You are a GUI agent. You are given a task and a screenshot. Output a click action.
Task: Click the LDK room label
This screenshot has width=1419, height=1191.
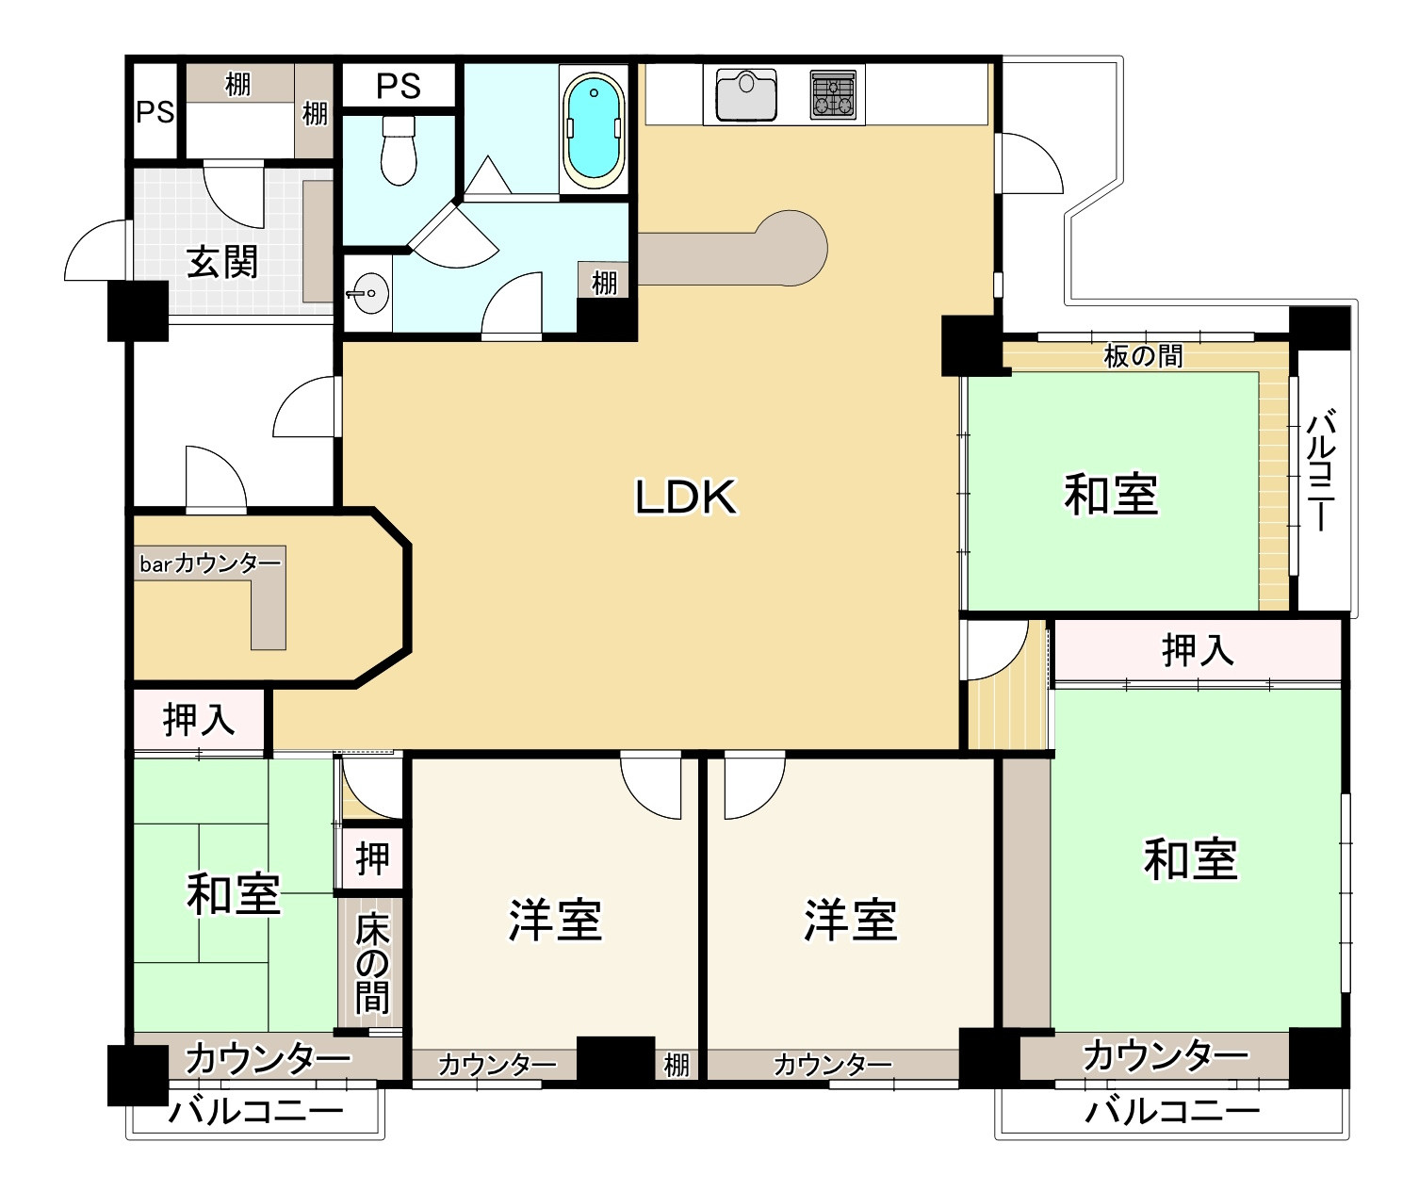pos(685,497)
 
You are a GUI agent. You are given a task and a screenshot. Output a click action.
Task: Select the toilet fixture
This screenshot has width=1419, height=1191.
pos(400,151)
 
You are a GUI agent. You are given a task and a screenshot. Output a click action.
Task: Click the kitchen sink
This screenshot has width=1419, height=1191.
pos(745,94)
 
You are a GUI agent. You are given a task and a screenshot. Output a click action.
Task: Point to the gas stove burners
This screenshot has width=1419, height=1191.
pos(835,94)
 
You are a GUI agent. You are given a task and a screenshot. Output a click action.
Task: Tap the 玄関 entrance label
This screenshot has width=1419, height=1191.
pos(222,261)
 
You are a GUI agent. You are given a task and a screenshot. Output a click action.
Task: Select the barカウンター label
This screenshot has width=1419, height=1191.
pos(210,563)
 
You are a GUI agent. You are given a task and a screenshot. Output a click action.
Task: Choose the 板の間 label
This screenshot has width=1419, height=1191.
pos(1143,356)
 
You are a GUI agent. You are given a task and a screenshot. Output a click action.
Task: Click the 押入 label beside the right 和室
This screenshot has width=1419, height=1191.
pos(1198,650)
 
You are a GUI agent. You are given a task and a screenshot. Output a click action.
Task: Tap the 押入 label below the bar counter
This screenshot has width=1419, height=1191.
pos(199,721)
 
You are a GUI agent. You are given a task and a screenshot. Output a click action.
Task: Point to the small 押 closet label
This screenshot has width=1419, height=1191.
pos(372,858)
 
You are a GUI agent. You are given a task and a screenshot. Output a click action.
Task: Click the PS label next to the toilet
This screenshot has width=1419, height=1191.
pos(399,87)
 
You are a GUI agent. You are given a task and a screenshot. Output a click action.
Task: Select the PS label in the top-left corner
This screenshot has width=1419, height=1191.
pos(155,112)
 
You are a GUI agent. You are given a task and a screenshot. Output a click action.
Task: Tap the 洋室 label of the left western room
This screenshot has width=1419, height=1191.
pos(555,920)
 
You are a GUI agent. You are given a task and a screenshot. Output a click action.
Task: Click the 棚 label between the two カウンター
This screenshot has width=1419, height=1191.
pos(677,1065)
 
